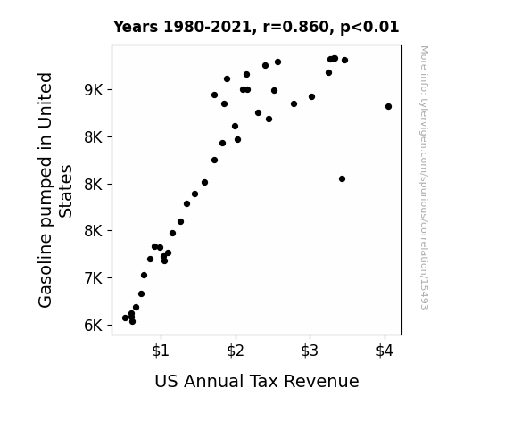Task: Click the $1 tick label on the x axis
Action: [x=161, y=351]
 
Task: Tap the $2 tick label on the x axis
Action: [x=236, y=351]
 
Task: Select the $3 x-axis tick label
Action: [x=310, y=351]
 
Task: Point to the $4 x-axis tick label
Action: [x=385, y=351]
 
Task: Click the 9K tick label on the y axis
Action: [x=94, y=90]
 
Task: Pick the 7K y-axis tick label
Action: [x=94, y=278]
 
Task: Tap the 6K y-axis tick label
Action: [x=94, y=326]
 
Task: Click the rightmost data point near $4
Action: [x=388, y=107]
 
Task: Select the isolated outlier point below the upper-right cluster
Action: [x=343, y=179]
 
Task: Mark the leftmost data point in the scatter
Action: [x=125, y=318]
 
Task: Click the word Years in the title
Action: [x=136, y=27]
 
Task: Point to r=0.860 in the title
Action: [x=296, y=27]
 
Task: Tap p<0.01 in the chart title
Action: [x=369, y=28]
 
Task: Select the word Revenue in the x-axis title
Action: [x=321, y=382]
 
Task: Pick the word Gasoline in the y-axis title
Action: [x=46, y=271]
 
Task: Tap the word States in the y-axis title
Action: [x=65, y=192]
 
